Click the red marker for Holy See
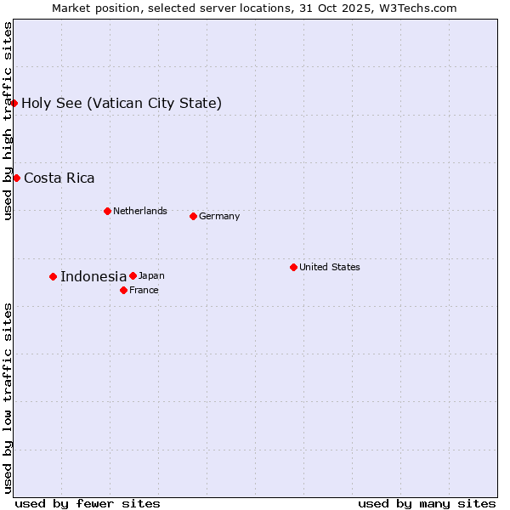point(14,103)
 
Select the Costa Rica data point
point(17,178)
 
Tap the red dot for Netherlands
point(107,211)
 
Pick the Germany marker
point(193,216)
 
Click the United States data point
point(293,267)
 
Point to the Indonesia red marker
point(53,276)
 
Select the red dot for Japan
point(133,275)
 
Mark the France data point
point(123,290)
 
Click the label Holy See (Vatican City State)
point(122,104)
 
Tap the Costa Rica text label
point(59,178)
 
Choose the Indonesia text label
point(93,276)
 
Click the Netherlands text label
point(140,211)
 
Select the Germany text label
point(219,216)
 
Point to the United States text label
point(330,267)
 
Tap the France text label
point(144,290)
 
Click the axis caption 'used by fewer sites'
point(88,503)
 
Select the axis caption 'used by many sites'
point(427,503)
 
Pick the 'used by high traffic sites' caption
point(8,121)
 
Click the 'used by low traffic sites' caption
point(8,398)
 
